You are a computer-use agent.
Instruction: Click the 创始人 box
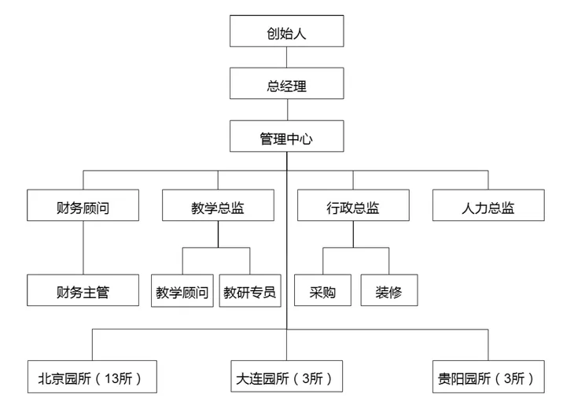[x=286, y=33]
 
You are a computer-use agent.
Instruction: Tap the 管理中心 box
[x=286, y=138]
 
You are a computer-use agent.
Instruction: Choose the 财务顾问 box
[x=83, y=208]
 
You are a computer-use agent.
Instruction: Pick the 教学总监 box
[x=218, y=208]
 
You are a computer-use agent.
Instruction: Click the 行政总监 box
[x=353, y=208]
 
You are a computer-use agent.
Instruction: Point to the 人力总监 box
[x=488, y=208]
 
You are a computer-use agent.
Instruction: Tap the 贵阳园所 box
[x=488, y=378]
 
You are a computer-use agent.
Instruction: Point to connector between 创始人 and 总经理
[x=286, y=57]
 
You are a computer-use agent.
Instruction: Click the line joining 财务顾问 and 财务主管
[x=83, y=248]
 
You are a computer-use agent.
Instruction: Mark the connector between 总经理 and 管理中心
[x=286, y=111]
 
